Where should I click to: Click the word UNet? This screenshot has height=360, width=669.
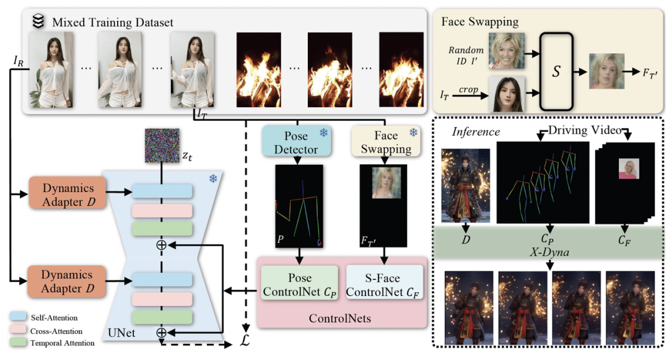tap(123, 333)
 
